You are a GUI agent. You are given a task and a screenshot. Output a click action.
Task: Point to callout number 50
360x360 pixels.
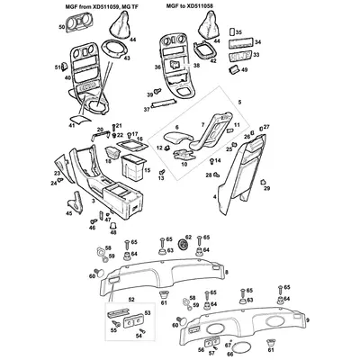[62, 28]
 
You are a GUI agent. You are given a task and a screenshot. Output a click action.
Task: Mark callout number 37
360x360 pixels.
[147, 108]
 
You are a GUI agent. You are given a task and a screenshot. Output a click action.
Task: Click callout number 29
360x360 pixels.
[267, 190]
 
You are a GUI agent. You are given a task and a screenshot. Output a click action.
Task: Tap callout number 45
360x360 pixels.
[69, 212]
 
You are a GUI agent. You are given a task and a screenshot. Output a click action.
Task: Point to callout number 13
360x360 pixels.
[161, 180]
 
